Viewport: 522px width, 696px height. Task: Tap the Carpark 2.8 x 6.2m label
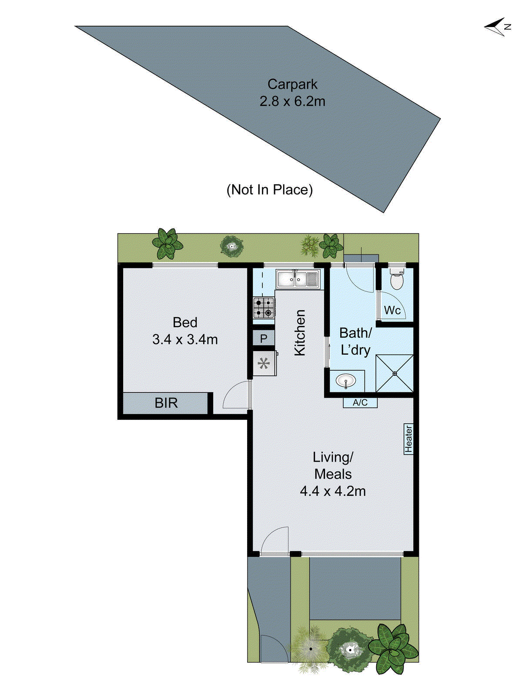[292, 93]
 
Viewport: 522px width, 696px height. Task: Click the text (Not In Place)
[270, 190]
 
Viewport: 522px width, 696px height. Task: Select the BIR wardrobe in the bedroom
[166, 403]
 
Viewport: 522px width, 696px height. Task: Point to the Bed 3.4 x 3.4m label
[185, 331]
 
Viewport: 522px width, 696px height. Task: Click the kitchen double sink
[298, 279]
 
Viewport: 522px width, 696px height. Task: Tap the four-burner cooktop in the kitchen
[264, 308]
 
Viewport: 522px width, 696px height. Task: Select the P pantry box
[264, 338]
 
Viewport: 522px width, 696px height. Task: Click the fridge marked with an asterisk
[264, 363]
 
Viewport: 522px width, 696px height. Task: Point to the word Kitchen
[300, 333]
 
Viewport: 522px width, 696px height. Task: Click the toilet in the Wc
[397, 279]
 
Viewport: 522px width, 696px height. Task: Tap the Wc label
[392, 310]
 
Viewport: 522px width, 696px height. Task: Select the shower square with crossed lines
[394, 373]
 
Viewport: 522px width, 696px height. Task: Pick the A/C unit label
[360, 403]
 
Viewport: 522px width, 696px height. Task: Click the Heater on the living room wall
[408, 439]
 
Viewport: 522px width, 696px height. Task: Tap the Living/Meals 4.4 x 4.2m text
[333, 474]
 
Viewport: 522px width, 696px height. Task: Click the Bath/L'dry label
[355, 341]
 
